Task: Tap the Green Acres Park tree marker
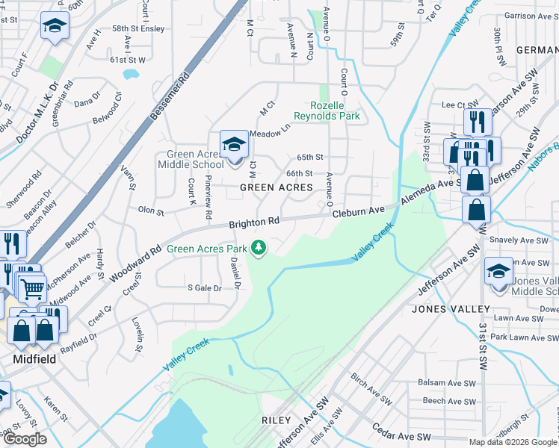pyautogui.click(x=259, y=247)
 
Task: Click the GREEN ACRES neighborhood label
pyautogui.click(x=276, y=188)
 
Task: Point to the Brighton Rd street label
pyautogui.click(x=253, y=222)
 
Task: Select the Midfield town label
pyautogui.click(x=35, y=359)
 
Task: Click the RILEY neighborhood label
pyautogui.click(x=276, y=420)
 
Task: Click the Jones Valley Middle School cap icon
pyautogui.click(x=498, y=270)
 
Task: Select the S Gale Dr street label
pyautogui.click(x=205, y=287)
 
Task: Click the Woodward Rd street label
pyautogui.click(x=135, y=265)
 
